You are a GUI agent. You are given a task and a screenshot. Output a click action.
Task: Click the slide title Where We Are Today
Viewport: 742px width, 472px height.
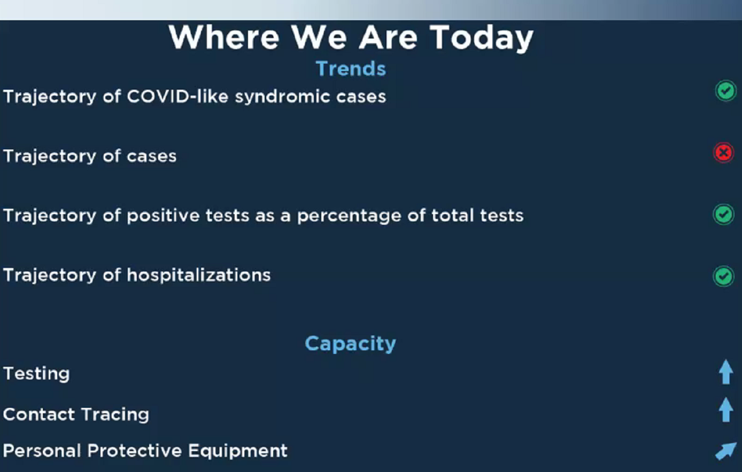(x=351, y=38)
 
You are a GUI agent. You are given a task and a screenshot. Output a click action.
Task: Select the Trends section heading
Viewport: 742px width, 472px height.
(x=351, y=68)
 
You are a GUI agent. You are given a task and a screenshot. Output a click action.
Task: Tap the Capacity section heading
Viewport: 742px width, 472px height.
(x=350, y=344)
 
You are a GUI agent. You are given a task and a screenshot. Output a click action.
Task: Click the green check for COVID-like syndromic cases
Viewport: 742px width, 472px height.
(x=726, y=91)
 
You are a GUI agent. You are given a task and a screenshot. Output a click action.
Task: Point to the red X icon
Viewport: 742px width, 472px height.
(x=724, y=153)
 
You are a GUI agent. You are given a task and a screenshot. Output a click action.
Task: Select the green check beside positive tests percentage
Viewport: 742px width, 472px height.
(x=724, y=214)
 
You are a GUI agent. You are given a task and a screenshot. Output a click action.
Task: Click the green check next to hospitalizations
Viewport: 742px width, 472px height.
(x=724, y=276)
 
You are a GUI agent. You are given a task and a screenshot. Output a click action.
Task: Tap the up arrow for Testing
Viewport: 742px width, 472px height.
(x=726, y=372)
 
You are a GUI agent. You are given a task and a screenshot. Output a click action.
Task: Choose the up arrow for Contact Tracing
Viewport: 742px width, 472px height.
(x=726, y=410)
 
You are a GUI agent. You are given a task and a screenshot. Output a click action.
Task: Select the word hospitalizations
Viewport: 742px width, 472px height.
(x=199, y=276)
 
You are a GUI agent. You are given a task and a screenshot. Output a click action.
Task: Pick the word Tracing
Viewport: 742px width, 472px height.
(x=115, y=415)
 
